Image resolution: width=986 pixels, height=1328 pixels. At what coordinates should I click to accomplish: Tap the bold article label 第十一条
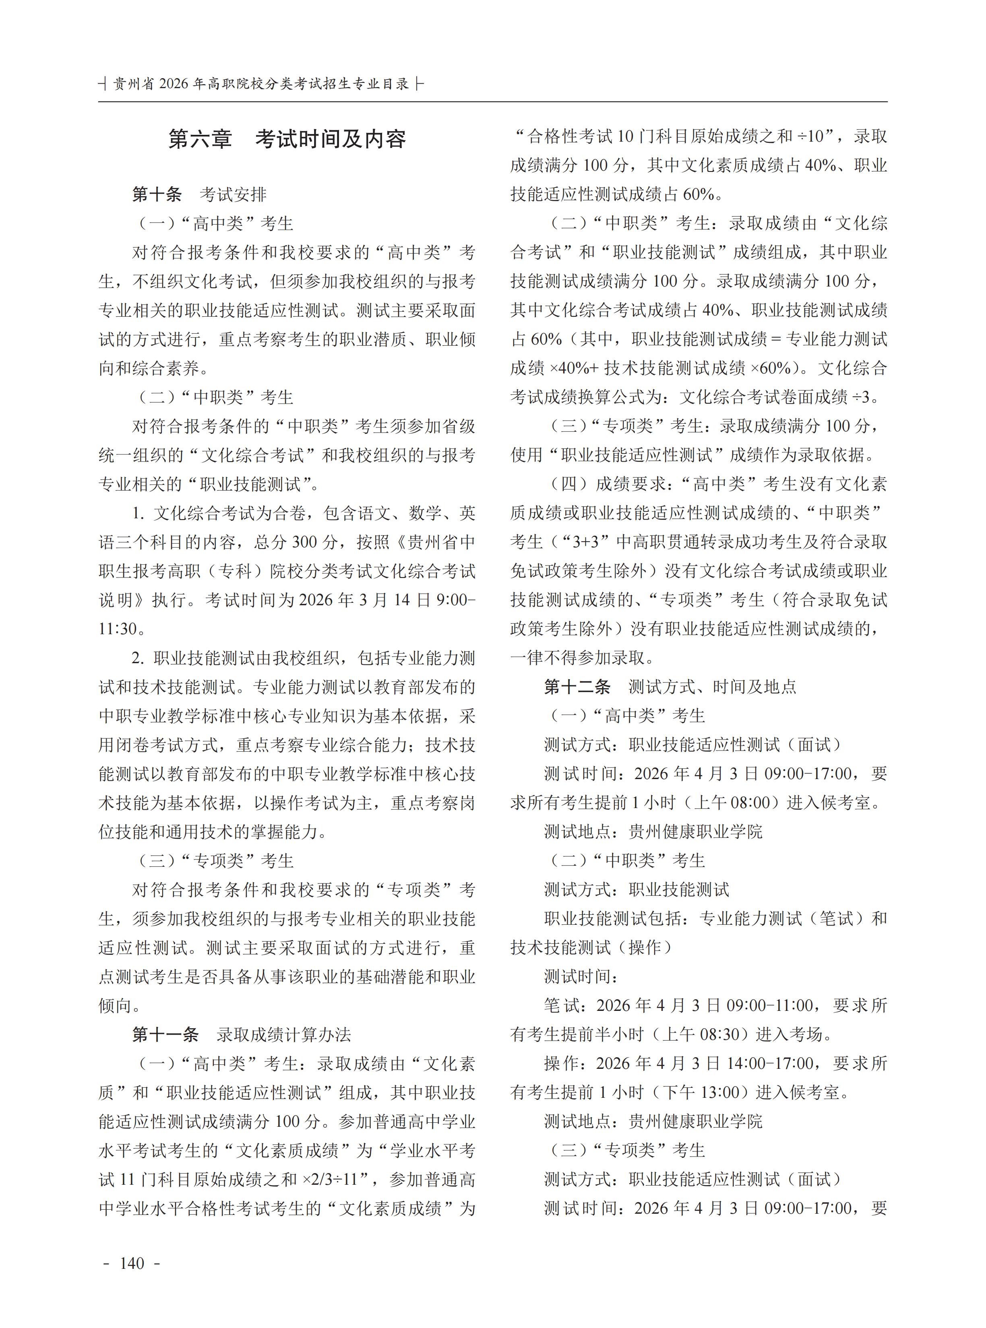point(165,1035)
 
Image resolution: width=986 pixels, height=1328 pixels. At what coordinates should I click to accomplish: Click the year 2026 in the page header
point(173,84)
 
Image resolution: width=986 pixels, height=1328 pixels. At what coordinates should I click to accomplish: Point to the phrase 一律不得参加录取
point(578,658)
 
